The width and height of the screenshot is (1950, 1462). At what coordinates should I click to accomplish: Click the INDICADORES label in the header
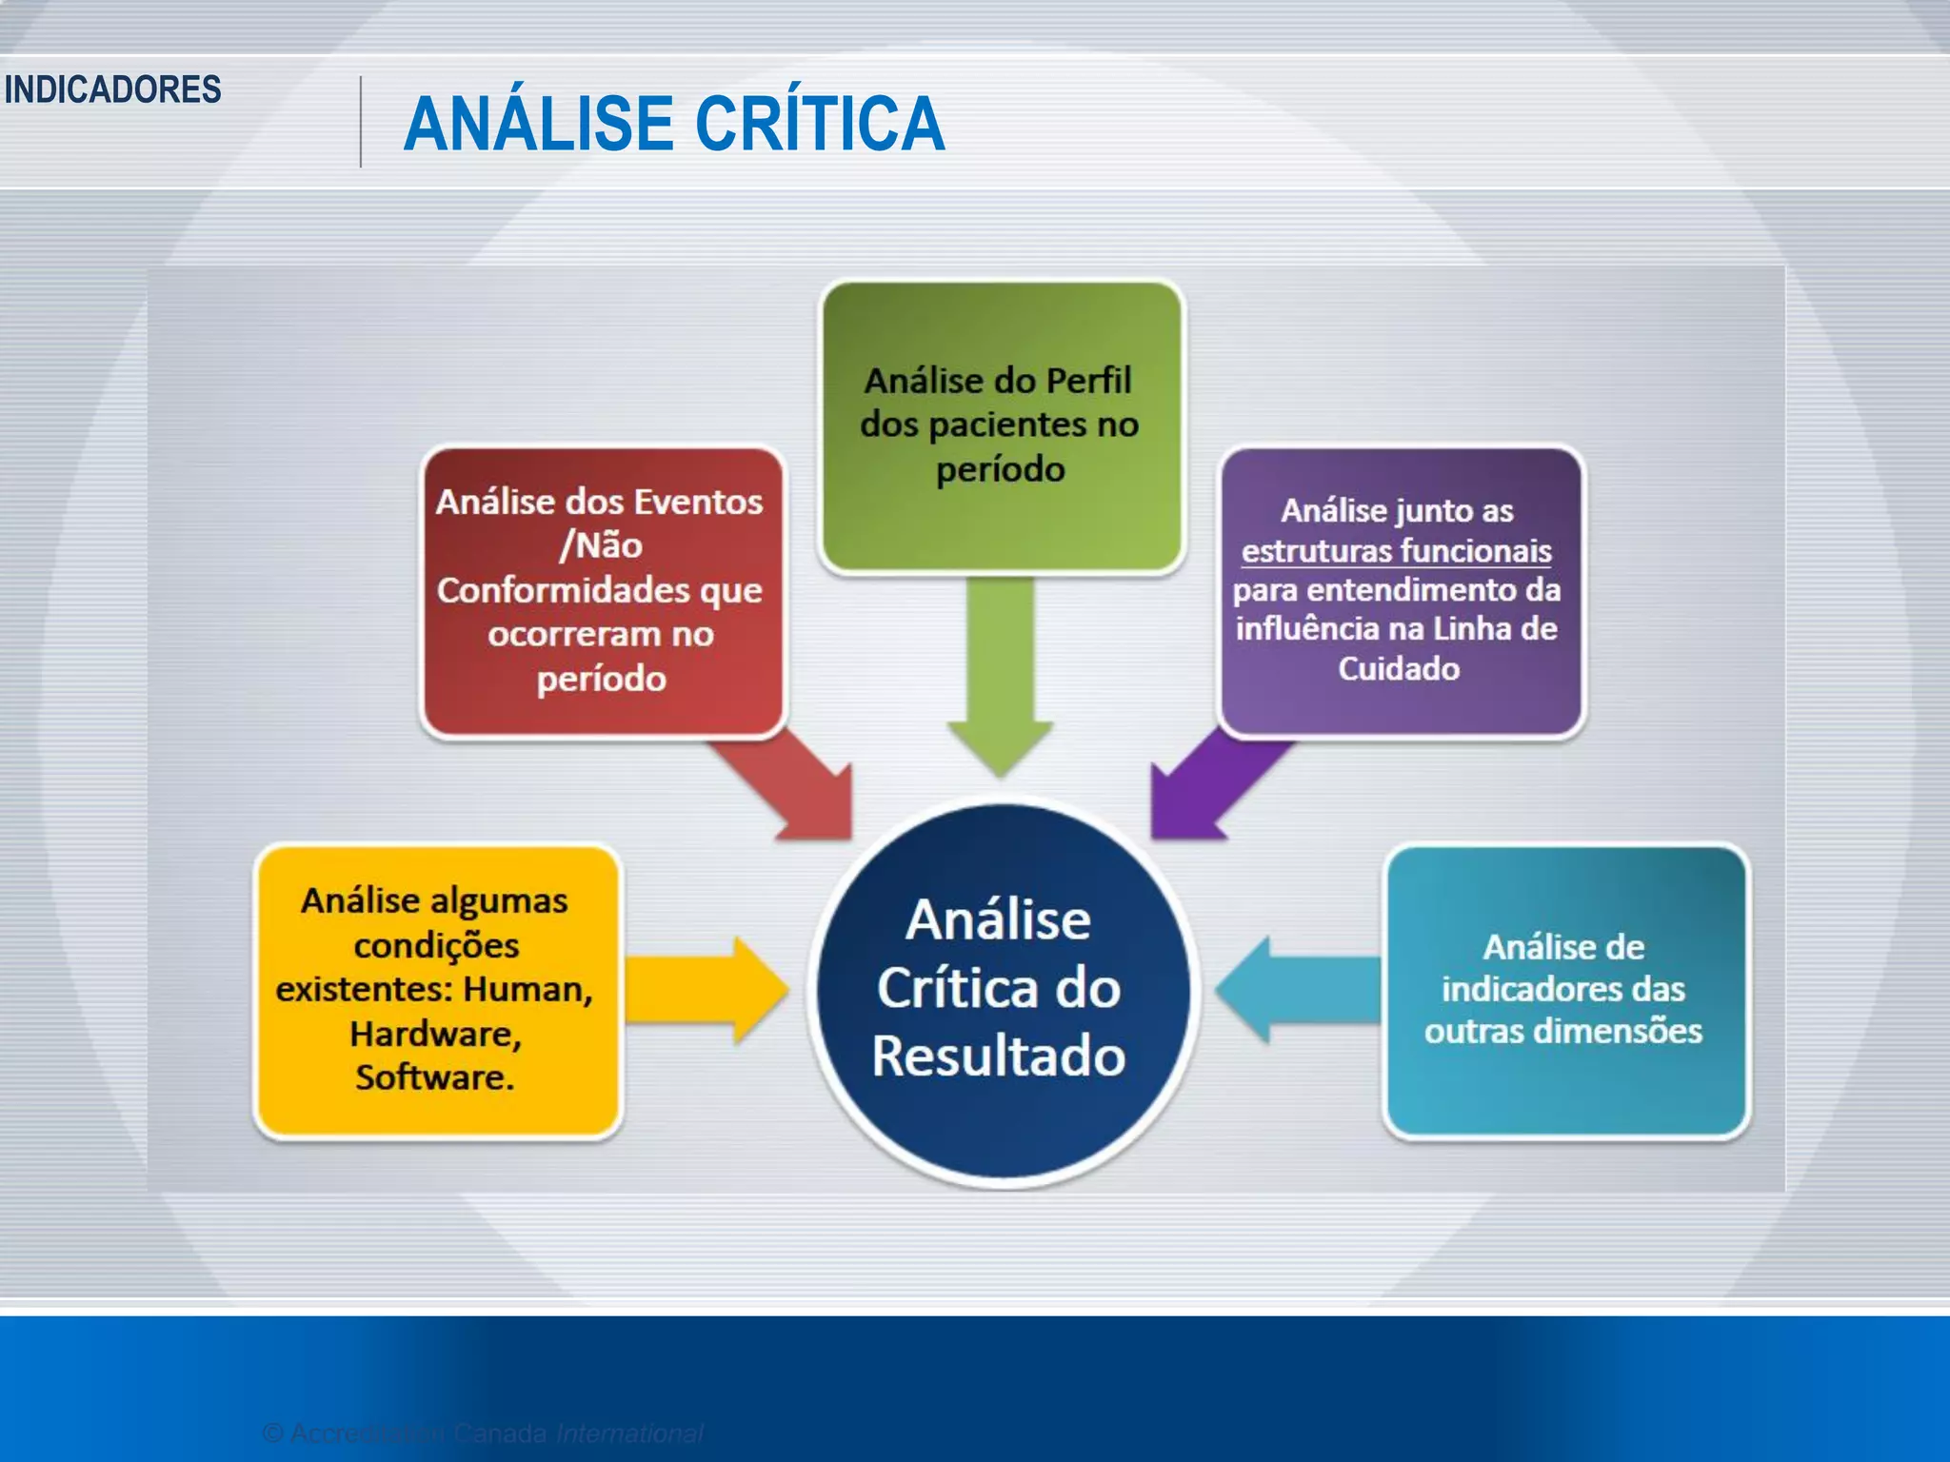pyautogui.click(x=112, y=89)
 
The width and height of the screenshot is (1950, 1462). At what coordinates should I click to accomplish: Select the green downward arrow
pyautogui.click(x=1000, y=676)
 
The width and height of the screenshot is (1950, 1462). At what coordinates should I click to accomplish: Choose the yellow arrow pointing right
pyautogui.click(x=705, y=990)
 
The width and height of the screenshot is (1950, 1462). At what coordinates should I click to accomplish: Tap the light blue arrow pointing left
pyautogui.click(x=1295, y=990)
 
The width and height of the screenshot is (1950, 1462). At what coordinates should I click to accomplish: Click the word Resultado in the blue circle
pyautogui.click(x=999, y=1057)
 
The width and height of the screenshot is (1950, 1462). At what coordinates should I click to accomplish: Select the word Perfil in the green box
pyautogui.click(x=1088, y=381)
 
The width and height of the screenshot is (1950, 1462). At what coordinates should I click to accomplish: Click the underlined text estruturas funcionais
pyautogui.click(x=1396, y=551)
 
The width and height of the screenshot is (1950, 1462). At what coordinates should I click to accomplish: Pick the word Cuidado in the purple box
pyautogui.click(x=1398, y=668)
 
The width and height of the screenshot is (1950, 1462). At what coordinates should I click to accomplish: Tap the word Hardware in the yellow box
pyautogui.click(x=433, y=1034)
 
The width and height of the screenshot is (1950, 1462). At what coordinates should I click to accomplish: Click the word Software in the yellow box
pyautogui.click(x=433, y=1077)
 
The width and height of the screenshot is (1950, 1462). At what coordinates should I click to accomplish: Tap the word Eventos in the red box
pyautogui.click(x=698, y=502)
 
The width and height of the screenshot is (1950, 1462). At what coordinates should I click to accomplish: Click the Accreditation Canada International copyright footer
pyautogui.click(x=483, y=1432)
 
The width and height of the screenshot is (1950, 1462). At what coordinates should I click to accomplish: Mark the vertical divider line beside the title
pyautogui.click(x=361, y=122)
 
